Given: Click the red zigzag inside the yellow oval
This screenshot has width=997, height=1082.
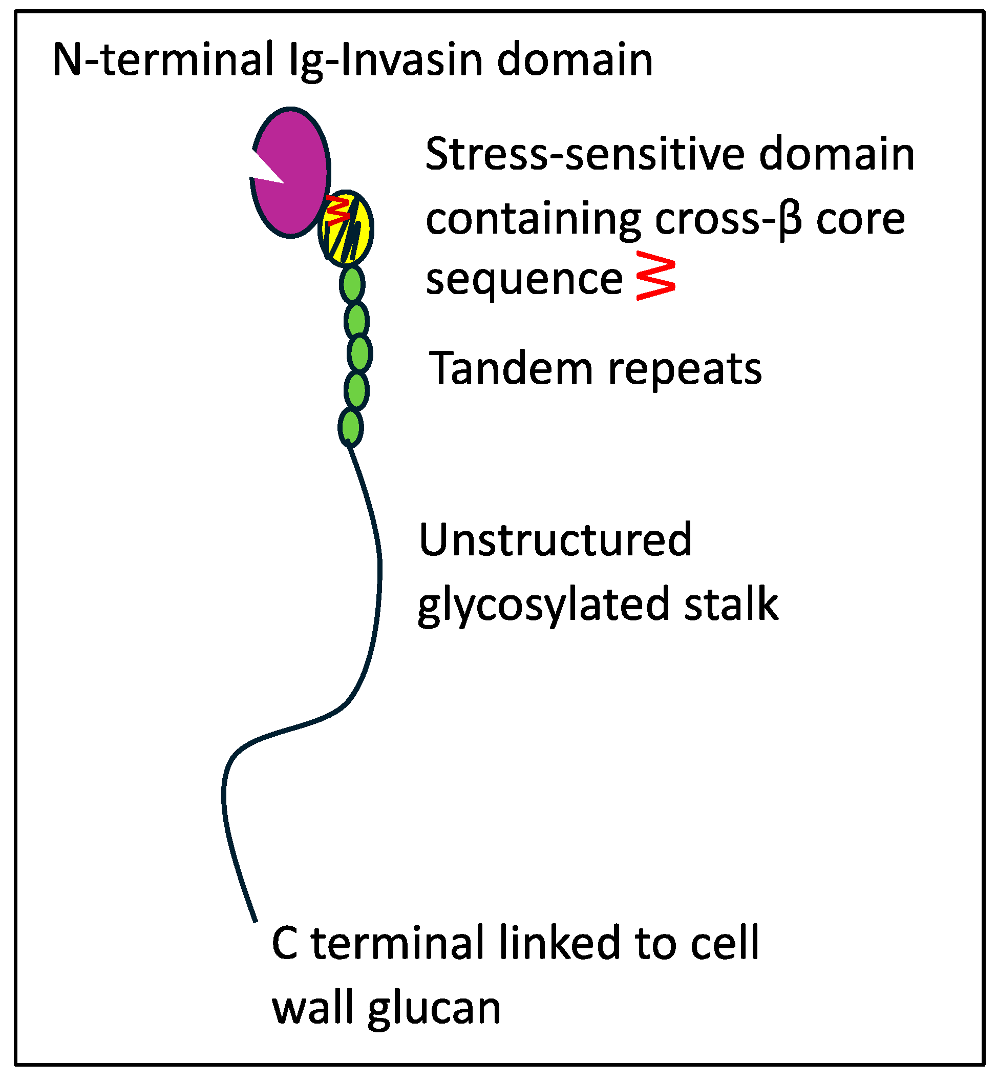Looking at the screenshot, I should click(339, 211).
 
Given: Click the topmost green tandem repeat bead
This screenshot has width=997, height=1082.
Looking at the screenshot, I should click(352, 284).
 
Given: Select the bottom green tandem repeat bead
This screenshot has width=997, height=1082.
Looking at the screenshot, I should click(351, 428).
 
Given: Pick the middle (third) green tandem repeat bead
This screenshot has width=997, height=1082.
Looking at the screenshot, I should click(359, 354).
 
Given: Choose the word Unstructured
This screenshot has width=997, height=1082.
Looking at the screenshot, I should click(555, 539).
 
